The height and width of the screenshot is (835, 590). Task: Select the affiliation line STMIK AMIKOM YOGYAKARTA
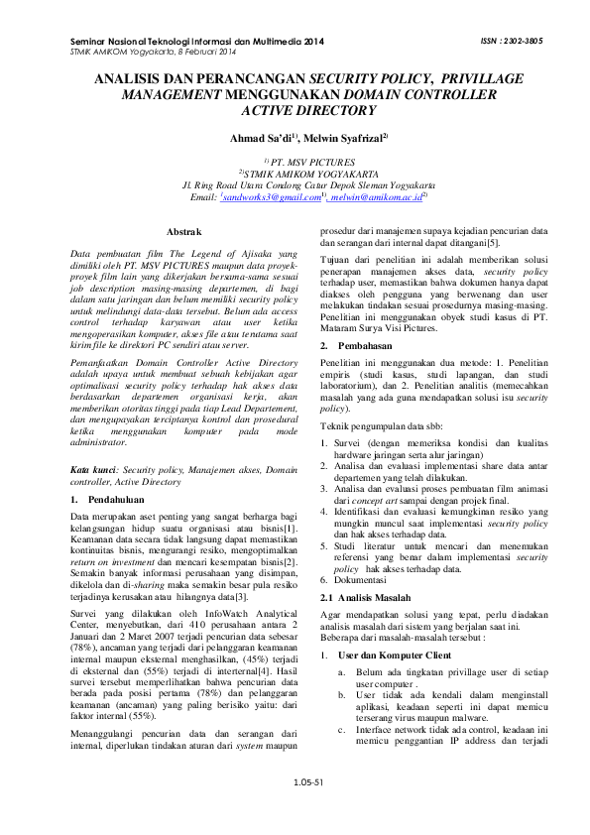point(295,172)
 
